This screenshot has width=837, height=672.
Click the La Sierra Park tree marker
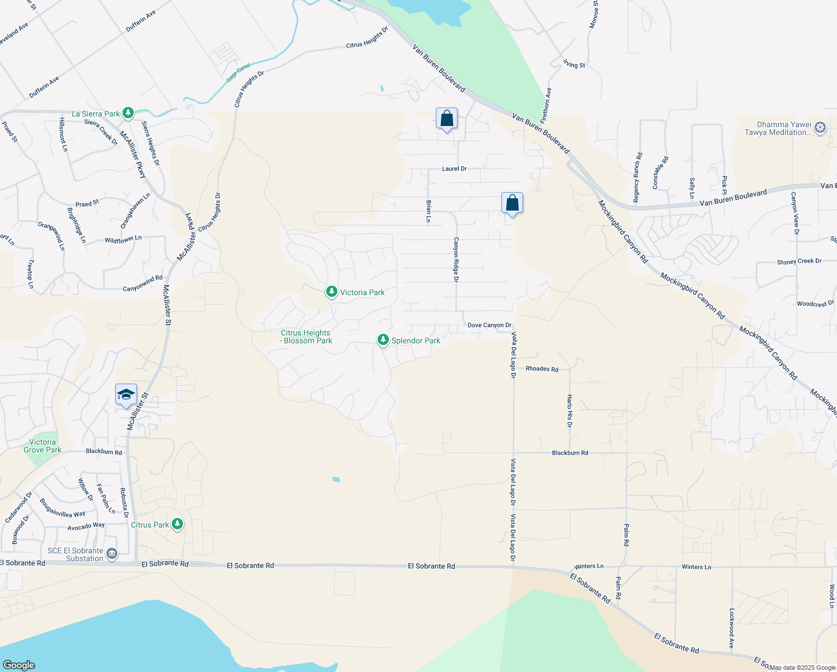pyautogui.click(x=128, y=113)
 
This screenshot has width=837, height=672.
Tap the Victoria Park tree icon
pyautogui.click(x=332, y=292)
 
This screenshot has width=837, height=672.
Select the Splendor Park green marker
pyautogui.click(x=383, y=340)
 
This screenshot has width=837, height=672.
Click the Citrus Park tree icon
pyautogui.click(x=177, y=524)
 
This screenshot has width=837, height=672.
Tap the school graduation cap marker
pyautogui.click(x=126, y=395)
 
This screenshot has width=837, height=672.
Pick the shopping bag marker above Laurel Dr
pyautogui.click(x=446, y=119)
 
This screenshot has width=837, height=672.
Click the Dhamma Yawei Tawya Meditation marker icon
pyautogui.click(x=820, y=128)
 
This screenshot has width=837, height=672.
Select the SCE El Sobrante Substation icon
pyautogui.click(x=112, y=554)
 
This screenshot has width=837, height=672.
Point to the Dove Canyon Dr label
pyautogui.click(x=490, y=325)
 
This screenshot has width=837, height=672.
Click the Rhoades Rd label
pyautogui.click(x=542, y=369)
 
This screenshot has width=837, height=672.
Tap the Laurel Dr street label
pyautogui.click(x=454, y=169)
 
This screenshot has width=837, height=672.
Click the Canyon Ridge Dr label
pyautogui.click(x=456, y=259)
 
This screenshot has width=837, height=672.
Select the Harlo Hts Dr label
pyautogui.click(x=570, y=411)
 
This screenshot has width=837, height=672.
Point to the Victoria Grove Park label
pyautogui.click(x=43, y=446)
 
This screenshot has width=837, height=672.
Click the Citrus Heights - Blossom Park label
pyautogui.click(x=306, y=337)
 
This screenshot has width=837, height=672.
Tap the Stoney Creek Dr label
pyautogui.click(x=799, y=262)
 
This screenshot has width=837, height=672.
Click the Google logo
pyautogui.click(x=19, y=665)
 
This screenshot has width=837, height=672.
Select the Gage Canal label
pyautogui.click(x=238, y=73)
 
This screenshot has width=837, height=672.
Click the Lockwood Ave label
pyautogui.click(x=731, y=628)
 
